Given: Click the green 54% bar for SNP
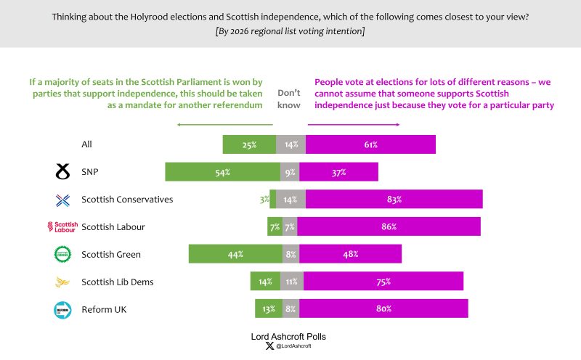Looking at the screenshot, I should pyautogui.click(x=222, y=172).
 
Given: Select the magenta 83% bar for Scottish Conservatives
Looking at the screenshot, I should pyautogui.click(x=394, y=199).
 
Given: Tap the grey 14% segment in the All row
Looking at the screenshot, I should pyautogui.click(x=290, y=144).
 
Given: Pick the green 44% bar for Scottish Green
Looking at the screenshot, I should pyautogui.click(x=235, y=254).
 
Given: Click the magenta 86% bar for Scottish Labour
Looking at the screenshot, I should pyautogui.click(x=389, y=226).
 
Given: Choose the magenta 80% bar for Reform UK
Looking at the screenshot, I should pyautogui.click(x=383, y=308).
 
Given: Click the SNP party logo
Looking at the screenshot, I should pyautogui.click(x=62, y=172).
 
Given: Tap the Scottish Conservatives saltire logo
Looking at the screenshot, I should pyautogui.click(x=62, y=200).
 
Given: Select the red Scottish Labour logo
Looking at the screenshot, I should pyautogui.click(x=62, y=227).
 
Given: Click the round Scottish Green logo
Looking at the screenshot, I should pyautogui.click(x=62, y=254).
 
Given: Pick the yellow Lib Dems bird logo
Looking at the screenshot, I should pyautogui.click(x=62, y=282).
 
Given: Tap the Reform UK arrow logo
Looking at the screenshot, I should pyautogui.click(x=62, y=309).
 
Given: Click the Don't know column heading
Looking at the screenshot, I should pyautogui.click(x=288, y=99).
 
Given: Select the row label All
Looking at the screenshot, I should pyautogui.click(x=86, y=144).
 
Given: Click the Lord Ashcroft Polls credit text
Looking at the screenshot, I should pyautogui.click(x=290, y=337).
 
